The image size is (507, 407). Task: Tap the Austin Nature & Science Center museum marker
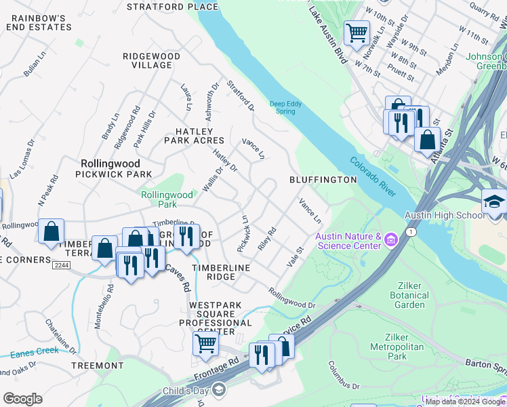(390, 239)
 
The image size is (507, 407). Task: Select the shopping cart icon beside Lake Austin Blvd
(356, 32)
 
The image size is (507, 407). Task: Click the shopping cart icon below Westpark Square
(205, 343)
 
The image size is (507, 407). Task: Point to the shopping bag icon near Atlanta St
(428, 140)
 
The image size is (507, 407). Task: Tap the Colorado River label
(373, 177)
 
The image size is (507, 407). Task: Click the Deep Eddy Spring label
(286, 107)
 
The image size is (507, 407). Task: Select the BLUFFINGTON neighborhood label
(323, 180)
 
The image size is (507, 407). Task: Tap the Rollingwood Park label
(167, 199)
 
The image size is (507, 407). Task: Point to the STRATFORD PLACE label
(174, 7)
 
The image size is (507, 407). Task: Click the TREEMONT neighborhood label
(97, 366)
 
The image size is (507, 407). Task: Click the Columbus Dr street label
(344, 376)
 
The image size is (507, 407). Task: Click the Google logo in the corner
(22, 399)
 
